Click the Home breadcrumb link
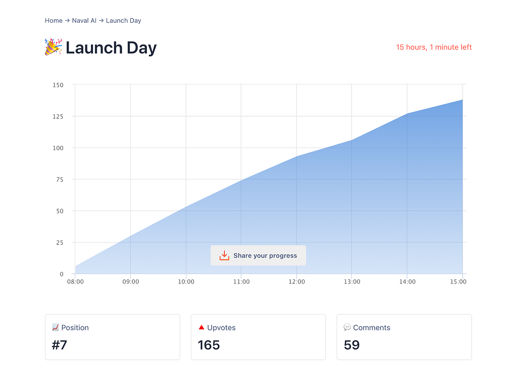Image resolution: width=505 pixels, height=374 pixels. [54, 21]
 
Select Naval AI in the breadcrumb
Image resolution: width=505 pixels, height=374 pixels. [84, 21]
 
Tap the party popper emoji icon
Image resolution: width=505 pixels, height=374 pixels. [53, 47]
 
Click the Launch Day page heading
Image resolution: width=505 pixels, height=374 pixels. [111, 48]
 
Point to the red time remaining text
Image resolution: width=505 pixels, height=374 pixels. [433, 47]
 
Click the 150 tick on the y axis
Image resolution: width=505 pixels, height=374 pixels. [58, 85]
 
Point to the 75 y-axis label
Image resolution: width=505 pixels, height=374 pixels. [60, 179]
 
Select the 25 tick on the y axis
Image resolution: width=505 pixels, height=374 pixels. [60, 243]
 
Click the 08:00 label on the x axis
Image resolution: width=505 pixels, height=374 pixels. [75, 282]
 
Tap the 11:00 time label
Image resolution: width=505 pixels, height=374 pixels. [241, 282]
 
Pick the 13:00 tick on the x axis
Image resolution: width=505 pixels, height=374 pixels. [352, 282]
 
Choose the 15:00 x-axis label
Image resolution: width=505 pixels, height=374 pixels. [459, 282]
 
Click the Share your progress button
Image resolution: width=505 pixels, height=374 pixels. [258, 255]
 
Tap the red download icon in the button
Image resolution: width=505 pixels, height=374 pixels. [224, 255]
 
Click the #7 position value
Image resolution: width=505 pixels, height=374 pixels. [59, 345]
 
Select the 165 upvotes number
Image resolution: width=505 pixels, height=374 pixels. [209, 345]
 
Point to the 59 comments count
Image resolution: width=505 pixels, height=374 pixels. [351, 345]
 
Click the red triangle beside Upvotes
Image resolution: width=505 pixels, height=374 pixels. [201, 328]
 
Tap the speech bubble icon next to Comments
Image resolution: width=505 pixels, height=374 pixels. [347, 328]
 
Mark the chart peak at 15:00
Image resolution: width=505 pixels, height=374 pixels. [463, 100]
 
